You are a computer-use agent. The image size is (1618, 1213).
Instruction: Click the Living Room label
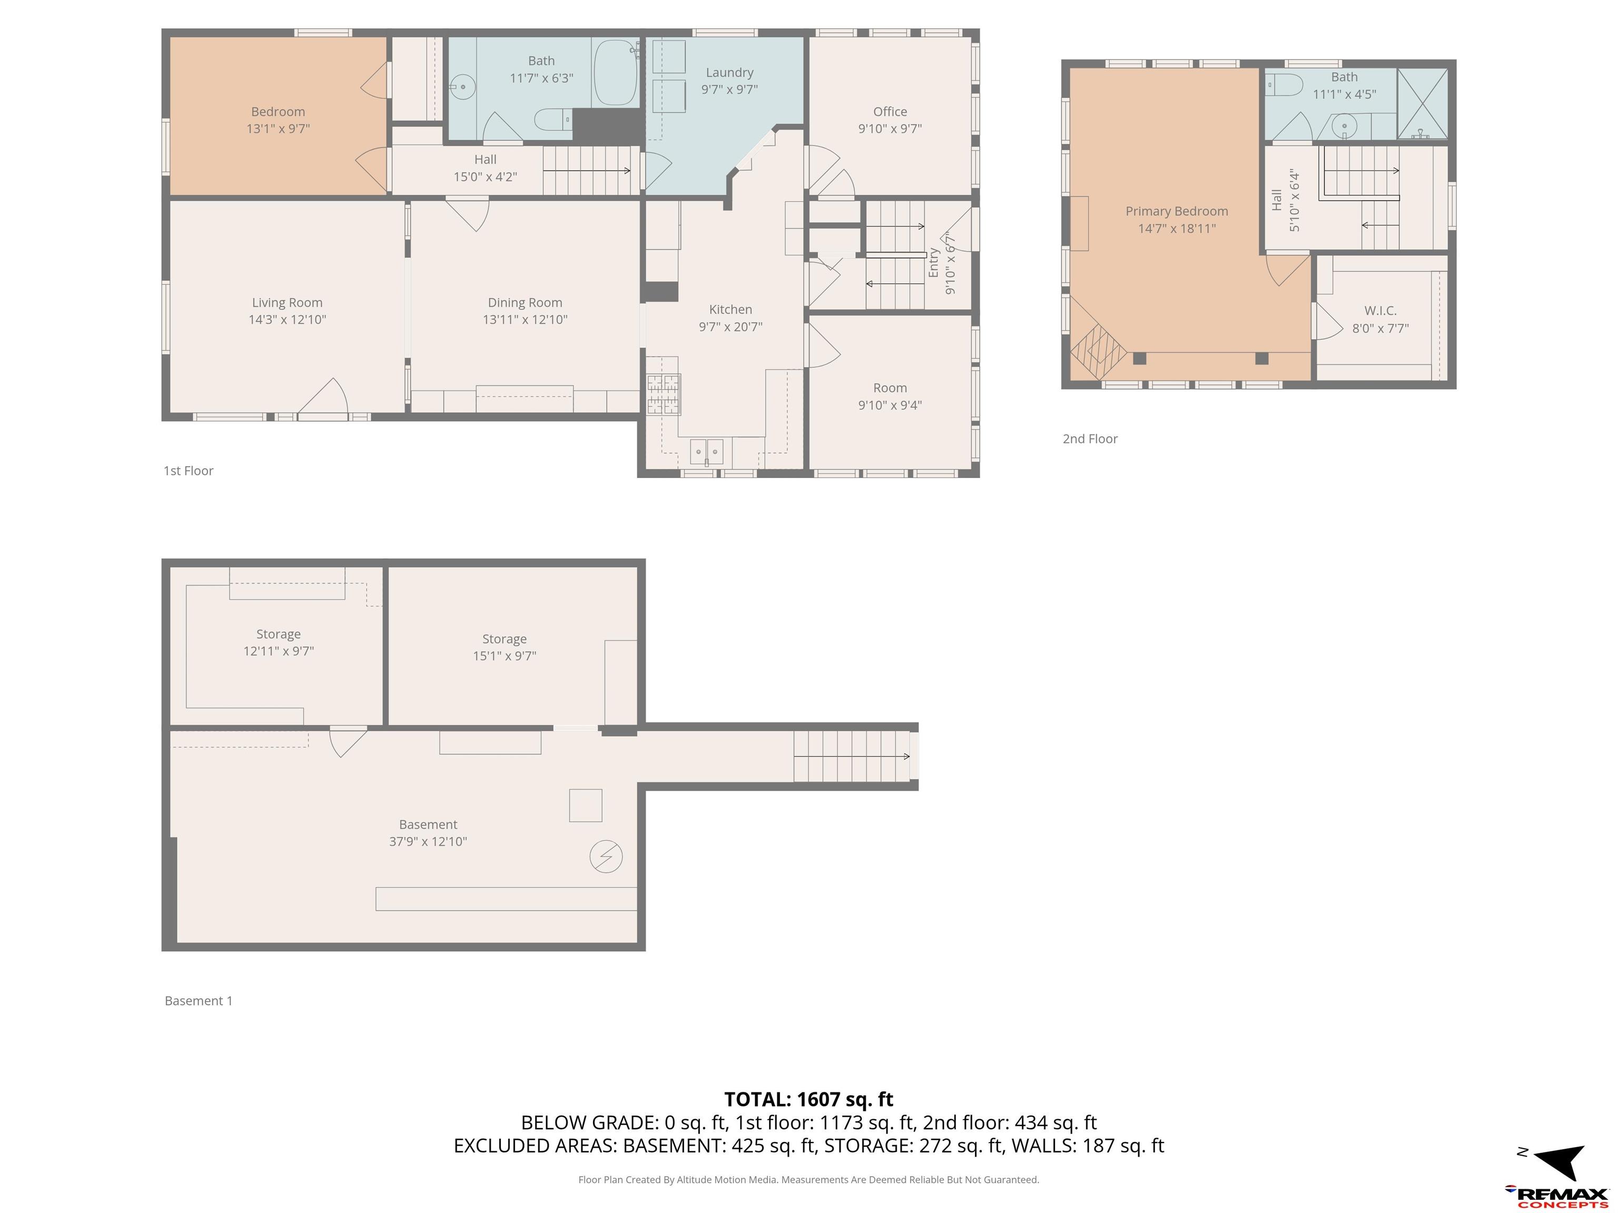tap(287, 303)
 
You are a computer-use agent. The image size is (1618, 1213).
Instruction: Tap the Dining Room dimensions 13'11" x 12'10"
tap(525, 320)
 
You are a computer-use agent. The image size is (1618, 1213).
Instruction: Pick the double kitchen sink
tap(707, 451)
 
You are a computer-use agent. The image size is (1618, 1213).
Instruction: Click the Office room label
tap(890, 112)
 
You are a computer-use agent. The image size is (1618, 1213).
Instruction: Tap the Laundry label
tap(729, 72)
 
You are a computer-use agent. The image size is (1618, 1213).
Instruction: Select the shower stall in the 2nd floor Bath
tap(1423, 104)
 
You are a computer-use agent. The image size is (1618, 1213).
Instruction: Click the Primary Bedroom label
tap(1176, 211)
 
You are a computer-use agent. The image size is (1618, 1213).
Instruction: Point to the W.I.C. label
tap(1380, 311)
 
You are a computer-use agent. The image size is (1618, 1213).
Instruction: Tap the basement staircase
tap(852, 756)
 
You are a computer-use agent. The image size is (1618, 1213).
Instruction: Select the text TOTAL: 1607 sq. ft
tap(808, 1099)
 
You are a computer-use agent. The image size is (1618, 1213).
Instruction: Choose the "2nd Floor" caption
tap(1090, 439)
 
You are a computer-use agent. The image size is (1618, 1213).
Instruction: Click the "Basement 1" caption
tap(198, 1000)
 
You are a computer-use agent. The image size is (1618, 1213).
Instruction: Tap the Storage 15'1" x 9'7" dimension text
tap(504, 656)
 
